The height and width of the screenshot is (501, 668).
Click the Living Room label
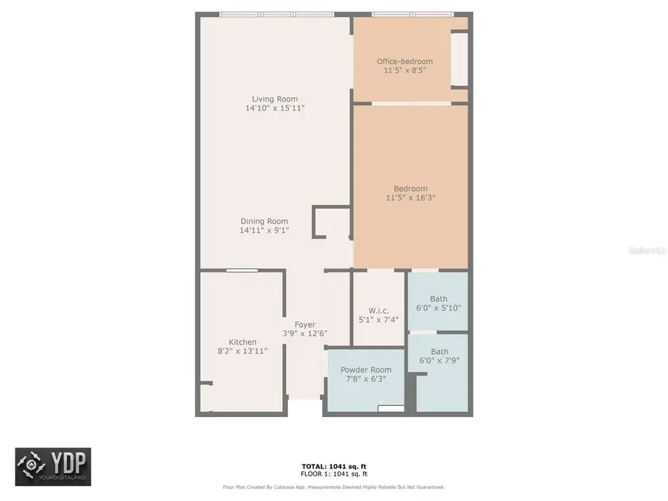point(275,99)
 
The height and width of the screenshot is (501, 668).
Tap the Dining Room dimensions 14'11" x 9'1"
point(264,230)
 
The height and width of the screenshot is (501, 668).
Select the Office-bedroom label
point(405,61)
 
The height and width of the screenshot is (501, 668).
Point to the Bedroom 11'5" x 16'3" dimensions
point(410,197)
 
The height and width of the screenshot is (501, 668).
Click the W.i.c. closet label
point(379,310)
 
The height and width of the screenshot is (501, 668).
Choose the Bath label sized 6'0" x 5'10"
point(439,299)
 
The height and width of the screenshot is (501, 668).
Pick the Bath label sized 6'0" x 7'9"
point(439,352)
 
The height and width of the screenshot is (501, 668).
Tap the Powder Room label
point(366,370)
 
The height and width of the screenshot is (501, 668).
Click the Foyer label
point(305,324)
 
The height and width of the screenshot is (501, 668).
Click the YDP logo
point(53,467)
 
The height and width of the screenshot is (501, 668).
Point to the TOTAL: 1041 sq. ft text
point(333,467)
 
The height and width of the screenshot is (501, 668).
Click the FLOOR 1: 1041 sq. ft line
point(333,474)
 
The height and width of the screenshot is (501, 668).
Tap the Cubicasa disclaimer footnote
point(333,488)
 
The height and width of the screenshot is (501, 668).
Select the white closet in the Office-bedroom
point(459,59)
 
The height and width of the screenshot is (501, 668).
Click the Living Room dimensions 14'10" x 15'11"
point(275,108)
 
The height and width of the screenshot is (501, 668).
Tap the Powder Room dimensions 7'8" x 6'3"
point(366,379)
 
